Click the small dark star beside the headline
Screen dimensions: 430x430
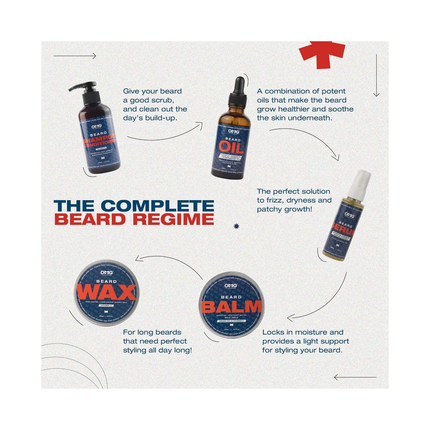point(237,226)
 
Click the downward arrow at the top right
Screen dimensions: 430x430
point(376,76)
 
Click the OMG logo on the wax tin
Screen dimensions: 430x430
point(106,272)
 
